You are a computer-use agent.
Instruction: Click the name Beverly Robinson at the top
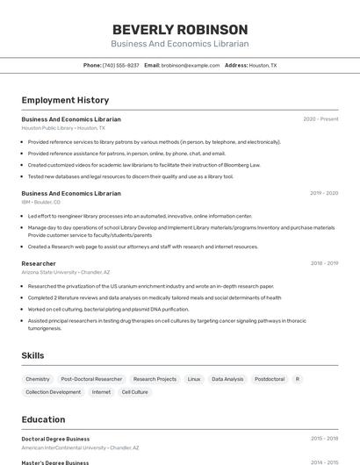point(180,29)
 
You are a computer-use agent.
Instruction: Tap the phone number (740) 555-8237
point(120,65)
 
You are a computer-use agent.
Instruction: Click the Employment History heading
point(65,100)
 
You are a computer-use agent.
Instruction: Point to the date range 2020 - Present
point(320,119)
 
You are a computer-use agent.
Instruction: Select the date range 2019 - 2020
point(324,193)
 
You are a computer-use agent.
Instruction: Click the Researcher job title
point(39,263)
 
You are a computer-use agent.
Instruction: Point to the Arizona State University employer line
point(66,272)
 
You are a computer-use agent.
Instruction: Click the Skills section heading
point(33,355)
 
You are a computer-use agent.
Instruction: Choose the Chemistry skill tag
point(38,379)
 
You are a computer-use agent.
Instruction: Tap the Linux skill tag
point(194,379)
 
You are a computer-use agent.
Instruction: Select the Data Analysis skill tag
point(227,379)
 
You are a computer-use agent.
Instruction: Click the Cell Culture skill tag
point(134,392)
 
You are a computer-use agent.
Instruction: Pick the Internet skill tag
point(101,392)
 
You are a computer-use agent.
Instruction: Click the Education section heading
point(44,419)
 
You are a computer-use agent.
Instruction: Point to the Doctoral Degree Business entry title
point(55,439)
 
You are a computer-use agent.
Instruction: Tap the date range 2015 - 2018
point(324,439)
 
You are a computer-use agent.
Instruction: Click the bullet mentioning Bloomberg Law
point(144,164)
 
